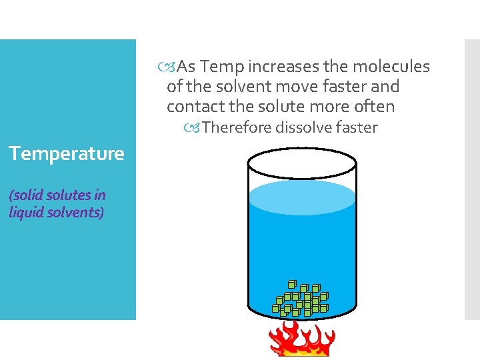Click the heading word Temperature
[67, 154]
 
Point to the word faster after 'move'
[349, 87]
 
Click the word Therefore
[234, 127]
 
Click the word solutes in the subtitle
[65, 195]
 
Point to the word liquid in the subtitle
[26, 213]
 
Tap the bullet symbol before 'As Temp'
[171, 67]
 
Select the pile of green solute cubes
[301, 299]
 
